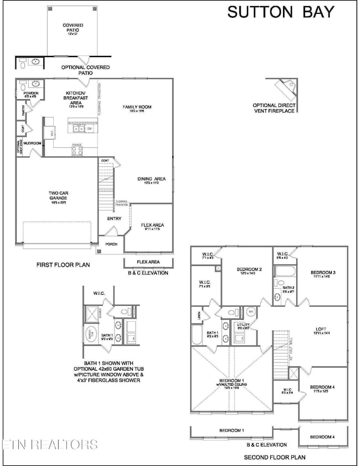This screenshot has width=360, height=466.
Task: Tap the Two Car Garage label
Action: pyautogui.click(x=57, y=196)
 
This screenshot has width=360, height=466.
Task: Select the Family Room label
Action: pyautogui.click(x=137, y=109)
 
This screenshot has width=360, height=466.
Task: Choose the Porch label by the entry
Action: pyautogui.click(x=112, y=244)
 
